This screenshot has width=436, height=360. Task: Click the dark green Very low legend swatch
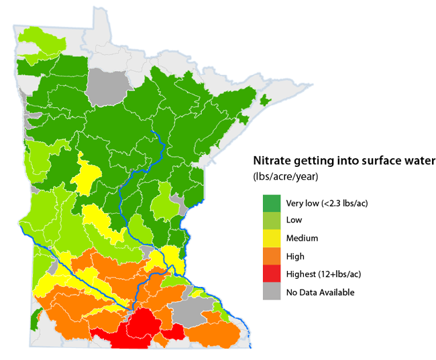tap(272, 202)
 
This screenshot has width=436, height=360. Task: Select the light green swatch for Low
tap(272, 220)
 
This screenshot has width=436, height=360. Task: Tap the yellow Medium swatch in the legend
tap(272, 238)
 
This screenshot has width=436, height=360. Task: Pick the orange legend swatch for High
tap(272, 256)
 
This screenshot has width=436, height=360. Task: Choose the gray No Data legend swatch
tap(272, 292)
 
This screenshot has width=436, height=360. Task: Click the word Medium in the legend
tap(302, 238)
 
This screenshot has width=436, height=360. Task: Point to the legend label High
tap(295, 256)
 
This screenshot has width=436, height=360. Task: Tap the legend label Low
tap(294, 220)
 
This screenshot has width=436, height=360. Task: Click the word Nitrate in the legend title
tap(272, 162)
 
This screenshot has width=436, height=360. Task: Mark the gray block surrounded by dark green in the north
tap(106, 84)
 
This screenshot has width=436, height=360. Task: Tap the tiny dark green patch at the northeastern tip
tap(265, 101)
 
